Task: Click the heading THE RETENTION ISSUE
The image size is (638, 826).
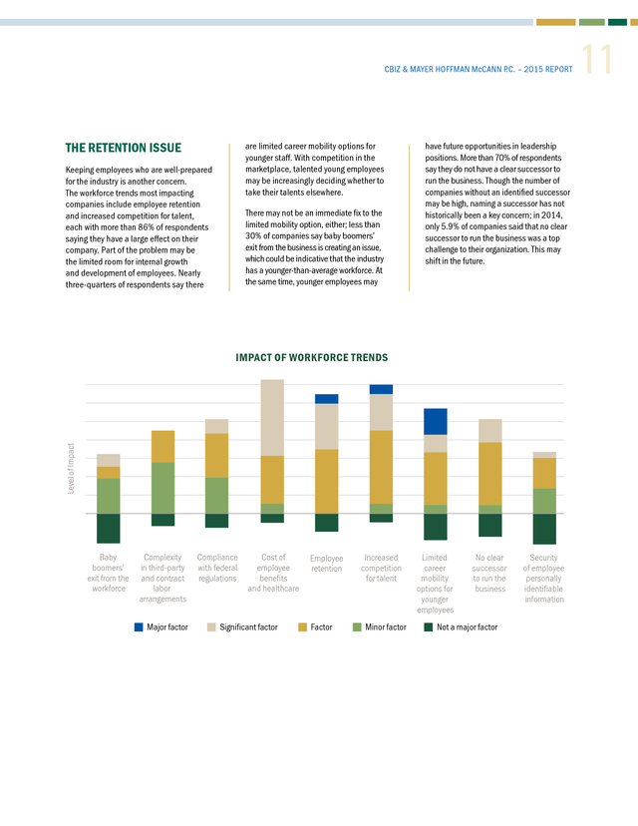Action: (x=124, y=148)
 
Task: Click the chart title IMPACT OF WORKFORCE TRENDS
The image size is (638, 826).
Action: (x=312, y=358)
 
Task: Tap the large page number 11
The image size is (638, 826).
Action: (x=597, y=60)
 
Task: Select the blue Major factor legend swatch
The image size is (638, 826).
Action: (x=139, y=626)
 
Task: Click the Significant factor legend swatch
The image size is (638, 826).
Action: (x=211, y=626)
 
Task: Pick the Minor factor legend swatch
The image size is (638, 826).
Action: (x=357, y=626)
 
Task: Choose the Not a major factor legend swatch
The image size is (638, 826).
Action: (x=429, y=626)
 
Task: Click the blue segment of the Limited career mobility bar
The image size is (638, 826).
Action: (x=436, y=421)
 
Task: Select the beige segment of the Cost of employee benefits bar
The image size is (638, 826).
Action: (x=272, y=417)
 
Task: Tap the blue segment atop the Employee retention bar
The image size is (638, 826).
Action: (x=326, y=399)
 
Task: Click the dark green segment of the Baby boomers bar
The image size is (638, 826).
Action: (x=109, y=529)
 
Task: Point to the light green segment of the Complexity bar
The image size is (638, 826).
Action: (x=163, y=488)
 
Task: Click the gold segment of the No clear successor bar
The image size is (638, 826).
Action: (x=490, y=474)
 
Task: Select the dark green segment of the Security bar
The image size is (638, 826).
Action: (x=544, y=529)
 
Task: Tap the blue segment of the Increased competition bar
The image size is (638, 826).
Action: (x=381, y=389)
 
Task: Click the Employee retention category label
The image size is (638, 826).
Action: (x=326, y=563)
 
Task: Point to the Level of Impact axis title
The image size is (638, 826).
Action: (x=71, y=468)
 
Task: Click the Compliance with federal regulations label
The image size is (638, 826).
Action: (x=217, y=568)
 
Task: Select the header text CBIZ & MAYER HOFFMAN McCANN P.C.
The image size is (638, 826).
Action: (x=450, y=69)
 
